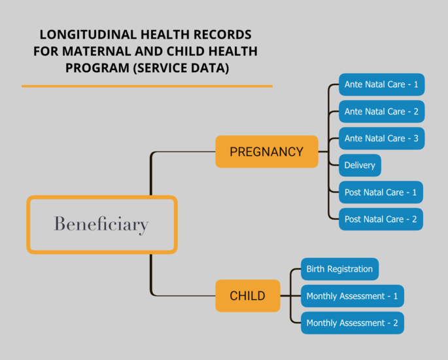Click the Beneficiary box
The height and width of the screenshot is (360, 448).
tap(102, 197)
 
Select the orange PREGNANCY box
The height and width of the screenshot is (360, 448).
tap(267, 152)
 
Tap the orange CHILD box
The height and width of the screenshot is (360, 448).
tap(248, 296)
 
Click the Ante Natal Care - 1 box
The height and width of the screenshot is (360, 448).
tap(381, 84)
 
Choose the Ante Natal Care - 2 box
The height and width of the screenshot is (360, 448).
tap(381, 111)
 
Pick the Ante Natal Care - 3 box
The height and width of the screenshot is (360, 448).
tap(381, 138)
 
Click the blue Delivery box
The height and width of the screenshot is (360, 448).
tap(360, 166)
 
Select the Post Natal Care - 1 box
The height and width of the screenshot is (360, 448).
tap(381, 192)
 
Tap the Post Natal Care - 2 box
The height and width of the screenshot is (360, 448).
tap(381, 219)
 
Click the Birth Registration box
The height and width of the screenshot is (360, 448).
tap(339, 269)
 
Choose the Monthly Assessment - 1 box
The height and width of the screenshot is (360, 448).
tap(353, 296)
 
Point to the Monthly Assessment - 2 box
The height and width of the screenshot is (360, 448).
tap(353, 323)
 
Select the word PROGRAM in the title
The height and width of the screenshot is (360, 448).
tap(97, 68)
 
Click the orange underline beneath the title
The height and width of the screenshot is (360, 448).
tap(147, 86)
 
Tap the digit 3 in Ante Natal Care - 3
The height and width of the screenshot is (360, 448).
tap(416, 138)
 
